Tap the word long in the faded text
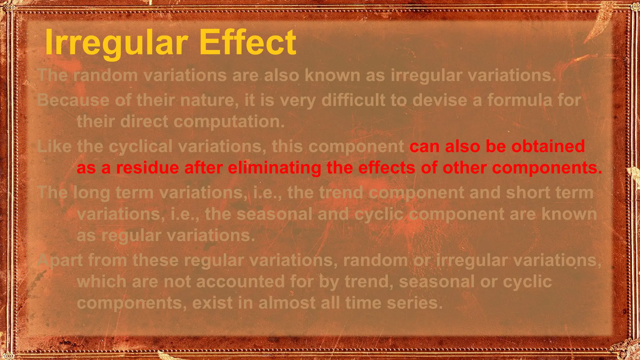(x=91, y=192)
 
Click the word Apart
(x=60, y=260)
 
